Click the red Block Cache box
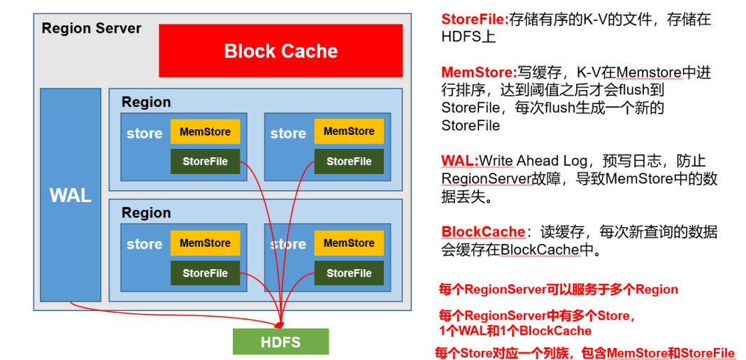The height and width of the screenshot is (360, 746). point(280,50)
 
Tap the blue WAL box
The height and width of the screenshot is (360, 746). point(71,195)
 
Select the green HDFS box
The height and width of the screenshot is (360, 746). point(280,342)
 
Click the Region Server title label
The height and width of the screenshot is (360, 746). point(92,29)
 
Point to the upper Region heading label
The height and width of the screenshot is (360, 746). point(146,102)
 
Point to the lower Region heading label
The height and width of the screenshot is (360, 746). point(146,213)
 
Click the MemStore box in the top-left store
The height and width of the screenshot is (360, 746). point(205,131)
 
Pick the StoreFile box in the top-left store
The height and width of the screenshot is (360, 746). point(205,161)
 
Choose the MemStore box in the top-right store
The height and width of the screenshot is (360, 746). point(349,131)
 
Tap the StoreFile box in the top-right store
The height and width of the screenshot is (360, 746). point(349,161)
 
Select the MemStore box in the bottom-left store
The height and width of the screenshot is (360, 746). point(205,243)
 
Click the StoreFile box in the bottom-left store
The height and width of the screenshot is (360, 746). point(205,273)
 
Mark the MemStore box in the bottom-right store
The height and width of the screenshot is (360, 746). point(349,243)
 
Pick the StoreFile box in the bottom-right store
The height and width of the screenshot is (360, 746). point(349,273)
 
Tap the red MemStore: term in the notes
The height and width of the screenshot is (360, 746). point(479,72)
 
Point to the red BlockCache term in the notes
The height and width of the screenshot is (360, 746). point(483,231)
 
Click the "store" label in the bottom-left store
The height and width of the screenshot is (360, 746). point(144,244)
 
